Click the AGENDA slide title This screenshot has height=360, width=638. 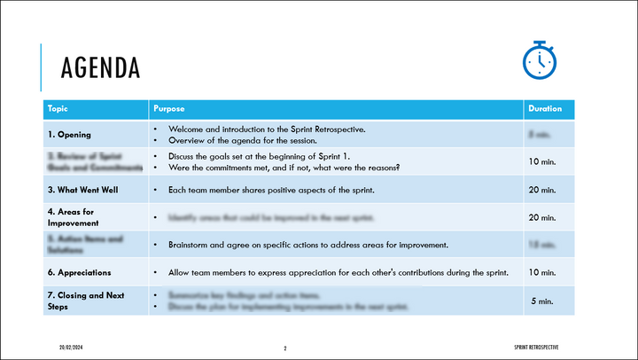point(99,67)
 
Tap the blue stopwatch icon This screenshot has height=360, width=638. point(539,59)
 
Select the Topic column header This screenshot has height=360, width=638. point(58,109)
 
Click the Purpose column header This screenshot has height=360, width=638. point(169,109)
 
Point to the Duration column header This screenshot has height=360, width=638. point(545,109)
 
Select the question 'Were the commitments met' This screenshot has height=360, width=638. point(284,168)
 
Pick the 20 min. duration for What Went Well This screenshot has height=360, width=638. point(541,190)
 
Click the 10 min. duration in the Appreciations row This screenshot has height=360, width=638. point(541,272)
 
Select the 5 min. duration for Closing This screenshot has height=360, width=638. point(542,301)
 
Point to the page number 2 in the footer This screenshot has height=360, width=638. point(285,347)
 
